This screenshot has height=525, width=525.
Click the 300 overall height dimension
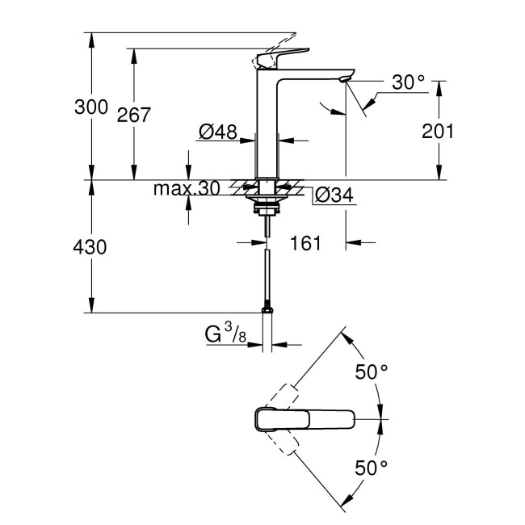click(x=90, y=106)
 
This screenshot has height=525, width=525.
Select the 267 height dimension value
click(x=133, y=115)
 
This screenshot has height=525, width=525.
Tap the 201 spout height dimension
click(x=439, y=131)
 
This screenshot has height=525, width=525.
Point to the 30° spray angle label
click(x=409, y=83)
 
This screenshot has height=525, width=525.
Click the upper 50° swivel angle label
click(x=372, y=372)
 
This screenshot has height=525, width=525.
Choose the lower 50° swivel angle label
click(x=372, y=467)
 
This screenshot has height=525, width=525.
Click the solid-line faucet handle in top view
click(x=305, y=420)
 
